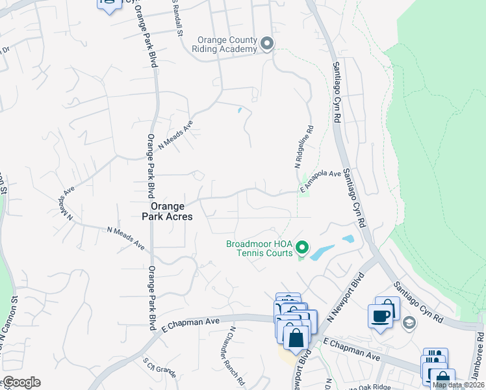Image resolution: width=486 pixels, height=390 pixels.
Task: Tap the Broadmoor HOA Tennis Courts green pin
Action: [x=301, y=248]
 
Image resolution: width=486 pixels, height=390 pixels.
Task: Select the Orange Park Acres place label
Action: [x=167, y=211]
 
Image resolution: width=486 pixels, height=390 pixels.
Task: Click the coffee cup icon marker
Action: [x=380, y=316]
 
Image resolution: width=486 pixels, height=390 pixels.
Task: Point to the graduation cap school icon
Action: [x=409, y=322]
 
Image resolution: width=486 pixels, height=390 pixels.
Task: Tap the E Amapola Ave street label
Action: [x=320, y=180]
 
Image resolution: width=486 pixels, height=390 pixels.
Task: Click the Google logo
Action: [x=21, y=382]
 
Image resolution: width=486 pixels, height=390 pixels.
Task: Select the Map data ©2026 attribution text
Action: [x=458, y=385]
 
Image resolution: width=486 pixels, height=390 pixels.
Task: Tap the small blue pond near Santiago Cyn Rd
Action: [x=348, y=239]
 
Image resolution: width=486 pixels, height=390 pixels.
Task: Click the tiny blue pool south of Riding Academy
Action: [x=240, y=110]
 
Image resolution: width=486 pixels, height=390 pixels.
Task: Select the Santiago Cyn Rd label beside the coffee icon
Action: [x=420, y=304]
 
